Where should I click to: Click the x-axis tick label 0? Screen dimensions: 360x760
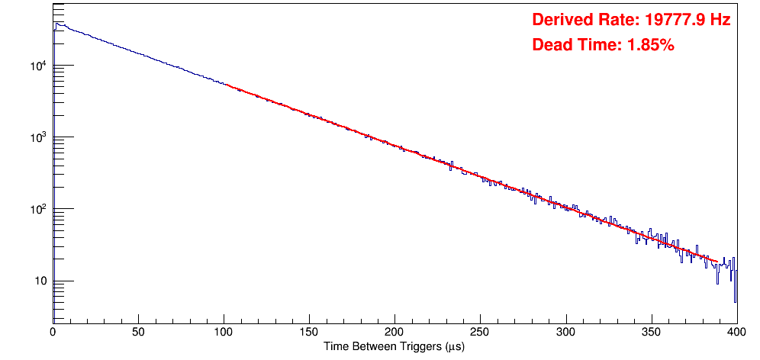pyautogui.click(x=53, y=333)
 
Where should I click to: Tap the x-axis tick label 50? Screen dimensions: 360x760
pyautogui.click(x=138, y=333)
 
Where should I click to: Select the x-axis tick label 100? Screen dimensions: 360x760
pyautogui.click(x=224, y=333)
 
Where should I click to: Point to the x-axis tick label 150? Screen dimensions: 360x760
pyautogui.click(x=309, y=333)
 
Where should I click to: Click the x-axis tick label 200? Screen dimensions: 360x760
pyautogui.click(x=394, y=333)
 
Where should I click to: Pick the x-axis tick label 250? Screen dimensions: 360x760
pyautogui.click(x=480, y=333)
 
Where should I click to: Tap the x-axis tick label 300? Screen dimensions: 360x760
pyautogui.click(x=565, y=333)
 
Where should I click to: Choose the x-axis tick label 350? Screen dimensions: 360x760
pyautogui.click(x=651, y=333)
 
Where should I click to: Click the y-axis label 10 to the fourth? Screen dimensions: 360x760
pyautogui.click(x=37, y=66)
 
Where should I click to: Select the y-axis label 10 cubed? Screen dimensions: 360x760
pyautogui.click(x=37, y=137)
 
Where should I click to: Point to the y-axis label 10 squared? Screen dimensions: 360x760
pyautogui.click(x=37, y=209)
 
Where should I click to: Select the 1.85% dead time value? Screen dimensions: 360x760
pyautogui.click(x=650, y=46)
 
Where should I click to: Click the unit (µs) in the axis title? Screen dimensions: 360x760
pyautogui.click(x=452, y=347)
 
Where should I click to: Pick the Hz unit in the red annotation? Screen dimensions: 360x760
pyautogui.click(x=720, y=21)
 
